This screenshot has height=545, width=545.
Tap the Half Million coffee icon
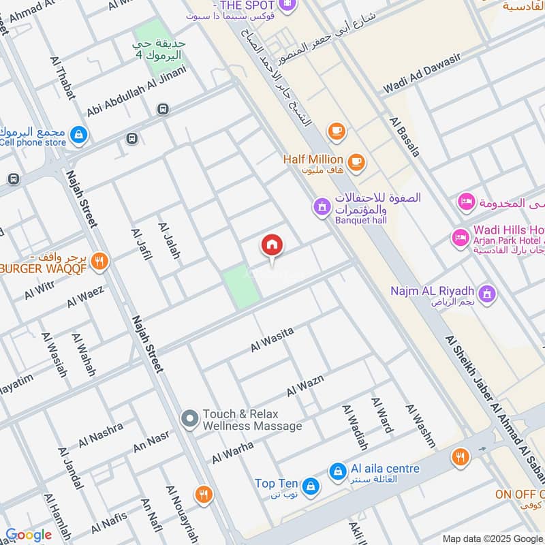356,161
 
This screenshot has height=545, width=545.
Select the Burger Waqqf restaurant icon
99,260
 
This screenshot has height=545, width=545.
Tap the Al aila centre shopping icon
337,470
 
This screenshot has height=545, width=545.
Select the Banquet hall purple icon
321,205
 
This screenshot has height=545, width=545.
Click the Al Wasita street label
272,339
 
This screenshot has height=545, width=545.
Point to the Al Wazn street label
305,386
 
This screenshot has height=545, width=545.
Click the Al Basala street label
405,137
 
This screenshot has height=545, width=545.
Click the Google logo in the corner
28,535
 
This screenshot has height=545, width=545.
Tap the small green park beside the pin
242,285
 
